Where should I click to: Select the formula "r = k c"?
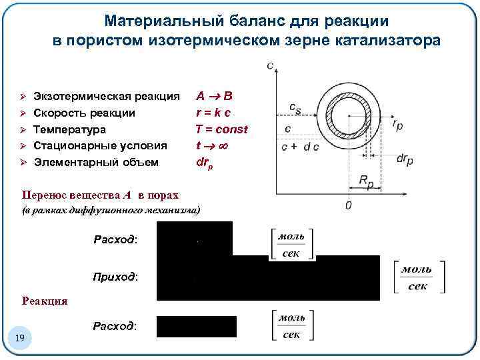[x=213, y=113]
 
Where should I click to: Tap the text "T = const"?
[x=221, y=129]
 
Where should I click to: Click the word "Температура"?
[x=69, y=129]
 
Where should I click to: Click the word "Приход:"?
[x=115, y=277]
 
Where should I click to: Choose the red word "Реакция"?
[x=45, y=301]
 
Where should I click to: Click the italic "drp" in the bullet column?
[x=205, y=161]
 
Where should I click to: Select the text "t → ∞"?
[x=213, y=145]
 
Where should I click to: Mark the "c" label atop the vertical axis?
[x=271, y=65]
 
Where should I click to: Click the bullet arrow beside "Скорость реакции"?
[x=22, y=113]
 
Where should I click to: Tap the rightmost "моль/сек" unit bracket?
[x=419, y=277]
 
